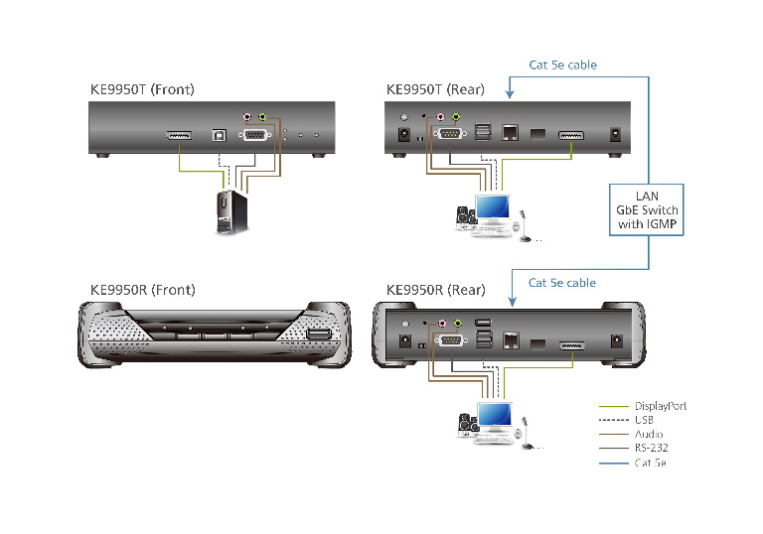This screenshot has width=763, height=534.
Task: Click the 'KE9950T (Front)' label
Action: point(142,90)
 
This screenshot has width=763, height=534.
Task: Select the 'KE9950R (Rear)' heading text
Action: point(435,291)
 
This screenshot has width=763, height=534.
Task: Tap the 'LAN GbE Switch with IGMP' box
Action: point(646,210)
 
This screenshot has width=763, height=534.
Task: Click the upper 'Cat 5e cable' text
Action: point(562,66)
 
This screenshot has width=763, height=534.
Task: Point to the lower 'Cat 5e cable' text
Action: point(561,283)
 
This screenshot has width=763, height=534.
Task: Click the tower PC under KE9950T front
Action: point(231,211)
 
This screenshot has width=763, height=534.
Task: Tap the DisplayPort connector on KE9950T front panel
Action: point(178,135)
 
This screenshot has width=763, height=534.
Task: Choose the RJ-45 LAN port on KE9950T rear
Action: point(511,133)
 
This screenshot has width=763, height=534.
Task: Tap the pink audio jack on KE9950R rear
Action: point(442,323)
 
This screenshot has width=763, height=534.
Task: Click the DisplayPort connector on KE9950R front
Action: point(318,337)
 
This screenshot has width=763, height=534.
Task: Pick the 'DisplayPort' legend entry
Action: point(660,406)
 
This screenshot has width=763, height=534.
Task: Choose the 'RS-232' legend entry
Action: point(652,448)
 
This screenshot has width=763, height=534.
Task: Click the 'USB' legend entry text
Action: point(644,420)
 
